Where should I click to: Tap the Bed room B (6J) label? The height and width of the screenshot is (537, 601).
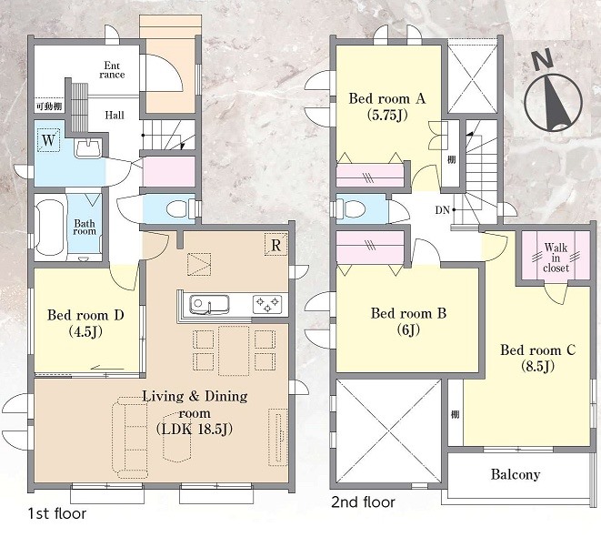[408, 321]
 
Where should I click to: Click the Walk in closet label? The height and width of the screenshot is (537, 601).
[556, 258]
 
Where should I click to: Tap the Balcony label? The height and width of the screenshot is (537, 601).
[516, 474]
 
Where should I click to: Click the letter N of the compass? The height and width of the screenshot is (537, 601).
[543, 60]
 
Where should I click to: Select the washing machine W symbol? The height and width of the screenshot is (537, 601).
[49, 140]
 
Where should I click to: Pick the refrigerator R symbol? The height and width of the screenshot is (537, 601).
[276, 245]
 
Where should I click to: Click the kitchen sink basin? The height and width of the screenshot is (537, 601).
[210, 304]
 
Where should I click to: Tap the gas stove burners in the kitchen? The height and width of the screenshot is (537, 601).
[267, 304]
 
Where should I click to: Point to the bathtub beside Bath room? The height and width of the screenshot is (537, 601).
[50, 228]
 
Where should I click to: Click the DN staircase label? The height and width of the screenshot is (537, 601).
[442, 210]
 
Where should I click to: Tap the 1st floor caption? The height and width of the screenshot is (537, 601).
[56, 513]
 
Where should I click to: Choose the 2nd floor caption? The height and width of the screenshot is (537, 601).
[363, 502]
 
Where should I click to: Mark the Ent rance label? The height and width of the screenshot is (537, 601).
[112, 70]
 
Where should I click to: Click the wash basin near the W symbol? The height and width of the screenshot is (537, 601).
[88, 148]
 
